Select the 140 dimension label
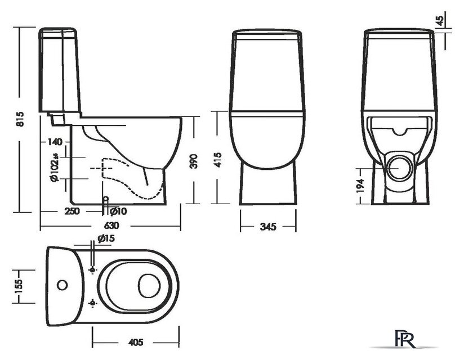(55, 142)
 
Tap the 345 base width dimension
(267, 227)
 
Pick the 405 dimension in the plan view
(135, 341)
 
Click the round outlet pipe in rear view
(402, 167)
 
